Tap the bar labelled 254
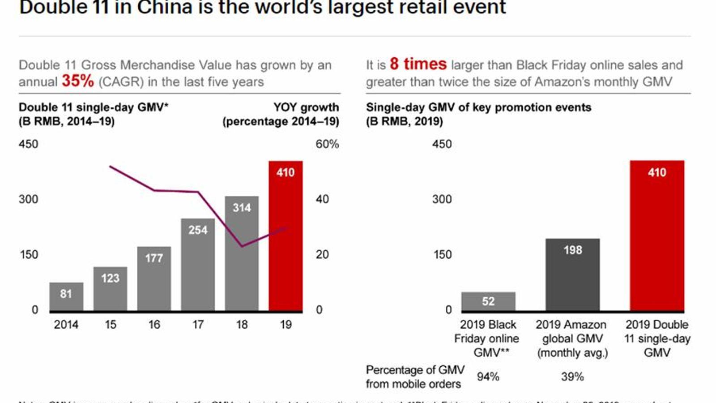pyautogui.click(x=198, y=264)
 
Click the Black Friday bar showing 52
pyautogui.click(x=488, y=301)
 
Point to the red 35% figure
pyautogui.click(x=78, y=81)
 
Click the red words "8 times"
pyautogui.click(x=418, y=64)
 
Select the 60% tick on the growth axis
pyautogui.click(x=327, y=144)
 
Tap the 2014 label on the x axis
pyautogui.click(x=66, y=325)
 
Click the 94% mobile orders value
pyautogui.click(x=488, y=377)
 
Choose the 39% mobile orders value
pyautogui.click(x=572, y=377)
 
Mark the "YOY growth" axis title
pyautogui.click(x=306, y=107)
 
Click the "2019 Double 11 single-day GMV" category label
pyautogui.click(x=657, y=339)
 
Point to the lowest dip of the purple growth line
pyautogui.click(x=242, y=246)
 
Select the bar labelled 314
pyautogui.click(x=242, y=253)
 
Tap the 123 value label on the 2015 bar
pyautogui.click(x=110, y=278)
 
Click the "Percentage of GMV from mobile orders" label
pyautogui.click(x=414, y=377)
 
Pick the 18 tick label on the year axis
pyautogui.click(x=242, y=325)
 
